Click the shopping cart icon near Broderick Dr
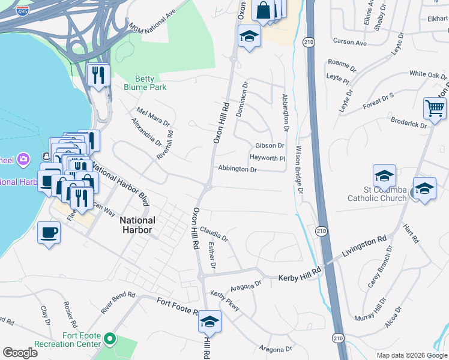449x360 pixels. coord(435,109)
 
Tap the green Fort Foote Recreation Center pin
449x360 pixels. coord(109,340)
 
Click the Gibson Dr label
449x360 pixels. coord(270,146)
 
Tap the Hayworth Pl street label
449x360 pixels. coord(267,158)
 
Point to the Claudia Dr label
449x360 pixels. coord(214,233)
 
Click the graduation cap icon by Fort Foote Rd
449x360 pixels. coord(209,322)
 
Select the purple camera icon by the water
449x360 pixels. coord(23,160)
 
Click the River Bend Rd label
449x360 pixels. coord(118,303)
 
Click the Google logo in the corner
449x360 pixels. coord(20,353)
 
